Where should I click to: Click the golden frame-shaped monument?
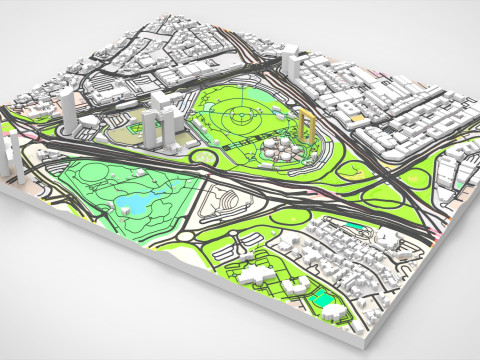pos(307,127)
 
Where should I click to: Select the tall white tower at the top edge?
pos(290,63)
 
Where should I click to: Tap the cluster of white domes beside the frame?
pos(281,150)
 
